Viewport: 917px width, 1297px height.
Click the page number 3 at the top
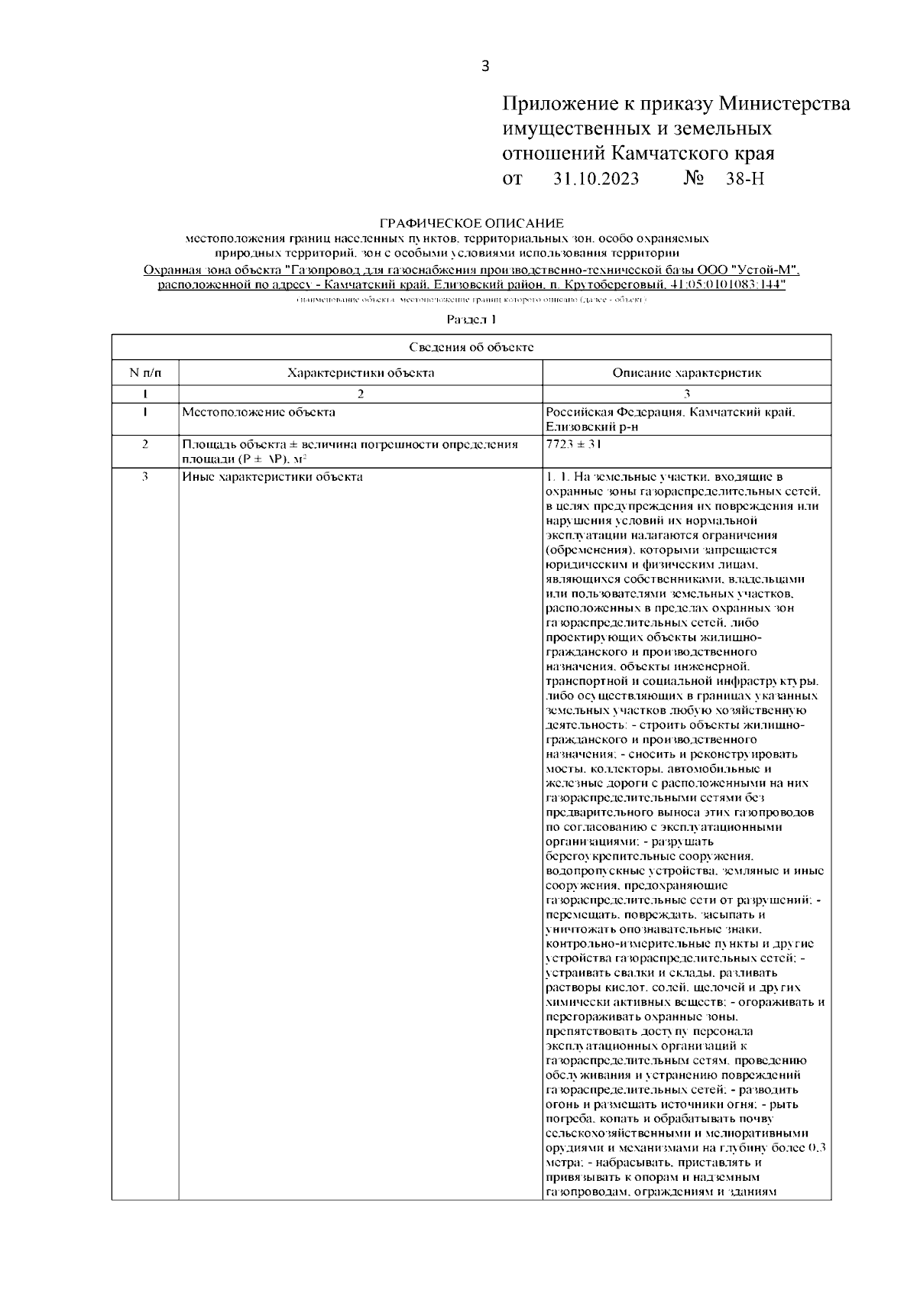point(484,66)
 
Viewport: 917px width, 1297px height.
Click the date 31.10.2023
point(596,179)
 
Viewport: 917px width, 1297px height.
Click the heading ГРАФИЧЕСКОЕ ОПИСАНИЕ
point(471,223)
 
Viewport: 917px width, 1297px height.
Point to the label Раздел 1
point(471,319)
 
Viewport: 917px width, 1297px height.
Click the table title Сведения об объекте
point(471,347)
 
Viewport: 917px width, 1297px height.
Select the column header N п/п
point(145,373)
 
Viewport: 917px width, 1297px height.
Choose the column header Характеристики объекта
point(361,373)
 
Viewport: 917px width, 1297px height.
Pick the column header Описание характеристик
point(686,373)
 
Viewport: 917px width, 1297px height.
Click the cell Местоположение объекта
point(258,413)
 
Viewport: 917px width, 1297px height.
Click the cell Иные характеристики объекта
point(272,477)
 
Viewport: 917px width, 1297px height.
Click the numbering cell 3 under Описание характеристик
point(686,394)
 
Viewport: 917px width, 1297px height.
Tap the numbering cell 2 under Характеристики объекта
point(361,394)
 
